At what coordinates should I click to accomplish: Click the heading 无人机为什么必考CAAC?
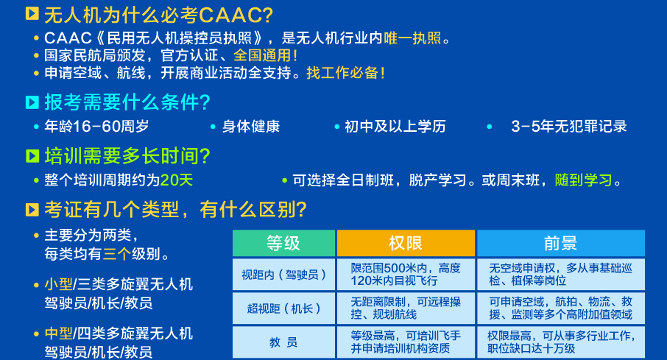158,14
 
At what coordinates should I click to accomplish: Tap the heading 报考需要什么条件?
127,102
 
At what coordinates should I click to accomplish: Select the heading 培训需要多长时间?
127,155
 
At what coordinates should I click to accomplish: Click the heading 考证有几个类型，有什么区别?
175,210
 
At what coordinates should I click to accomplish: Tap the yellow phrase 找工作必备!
346,73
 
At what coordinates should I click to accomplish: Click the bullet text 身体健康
250,126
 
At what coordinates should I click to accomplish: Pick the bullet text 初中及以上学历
395,126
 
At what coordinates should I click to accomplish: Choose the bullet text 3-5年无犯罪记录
569,126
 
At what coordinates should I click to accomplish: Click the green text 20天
177,180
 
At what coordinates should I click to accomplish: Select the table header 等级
283,244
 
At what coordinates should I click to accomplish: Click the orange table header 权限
406,244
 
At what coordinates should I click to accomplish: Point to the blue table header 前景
560,244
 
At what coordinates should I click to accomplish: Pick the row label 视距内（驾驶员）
283,275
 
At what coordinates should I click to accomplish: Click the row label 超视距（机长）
283,308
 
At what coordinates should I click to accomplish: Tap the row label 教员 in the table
283,342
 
